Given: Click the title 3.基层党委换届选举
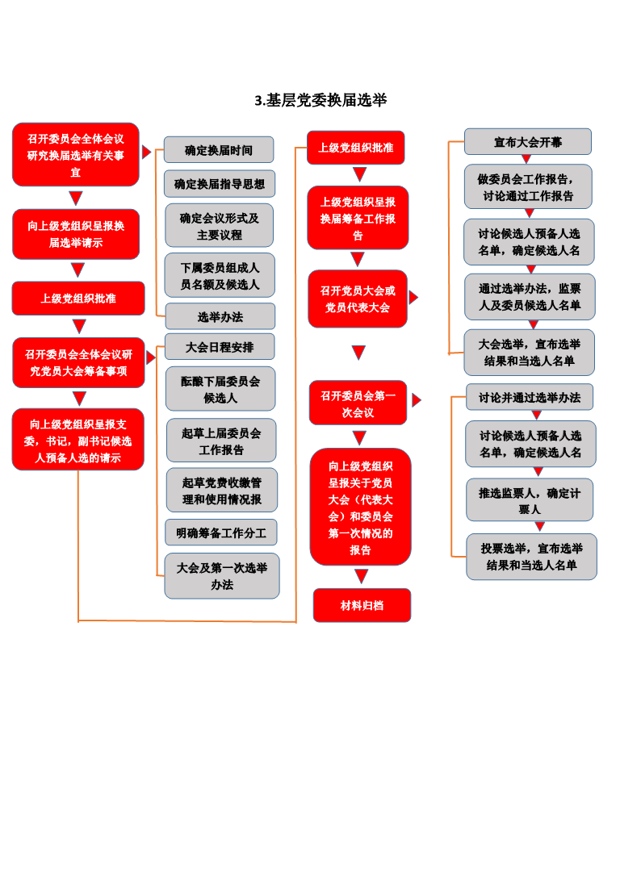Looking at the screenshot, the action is point(320,100).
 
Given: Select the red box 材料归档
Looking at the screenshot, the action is point(362,605).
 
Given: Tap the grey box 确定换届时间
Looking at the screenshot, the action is point(219,150).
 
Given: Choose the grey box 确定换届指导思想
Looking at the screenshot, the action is point(220,184).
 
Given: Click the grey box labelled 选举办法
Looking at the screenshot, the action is point(220,316).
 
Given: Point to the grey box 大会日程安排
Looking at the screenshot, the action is point(220,347).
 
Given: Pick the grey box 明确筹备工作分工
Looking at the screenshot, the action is point(221,533).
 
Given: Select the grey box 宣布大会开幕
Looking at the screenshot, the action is point(528,142).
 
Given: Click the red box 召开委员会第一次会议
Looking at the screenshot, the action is point(358,403).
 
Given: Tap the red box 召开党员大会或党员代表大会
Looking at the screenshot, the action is point(358,299).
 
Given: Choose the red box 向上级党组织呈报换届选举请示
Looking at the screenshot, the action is point(76,234).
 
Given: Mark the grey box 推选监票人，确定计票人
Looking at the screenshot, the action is point(530,500).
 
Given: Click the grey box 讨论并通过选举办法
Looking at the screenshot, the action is point(530,398).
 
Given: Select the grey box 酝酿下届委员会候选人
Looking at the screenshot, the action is point(220,389).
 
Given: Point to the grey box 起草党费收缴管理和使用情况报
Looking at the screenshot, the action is point(222,491).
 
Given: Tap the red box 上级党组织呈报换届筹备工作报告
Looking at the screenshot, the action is point(358,218).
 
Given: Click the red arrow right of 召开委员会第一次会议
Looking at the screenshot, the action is point(417,400).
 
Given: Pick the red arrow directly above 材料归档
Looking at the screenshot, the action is point(361,576).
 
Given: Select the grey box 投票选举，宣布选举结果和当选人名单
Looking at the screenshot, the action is point(531,557).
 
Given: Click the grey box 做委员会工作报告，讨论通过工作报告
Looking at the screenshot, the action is point(528,187).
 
